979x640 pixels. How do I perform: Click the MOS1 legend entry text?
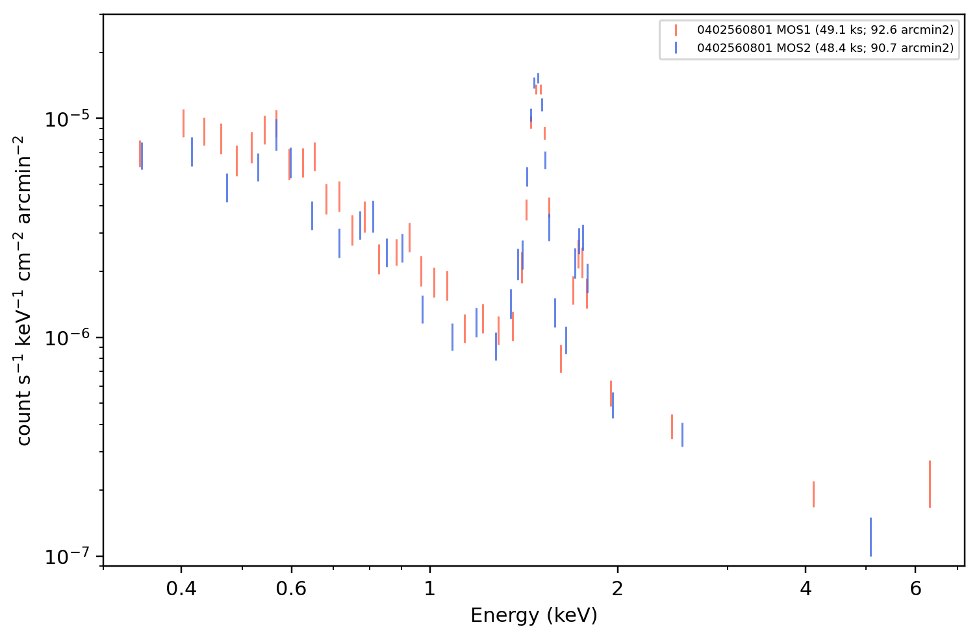point(825,30)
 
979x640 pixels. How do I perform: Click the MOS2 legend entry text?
point(825,47)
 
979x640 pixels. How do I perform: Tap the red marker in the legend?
point(676,30)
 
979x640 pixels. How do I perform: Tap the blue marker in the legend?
point(676,47)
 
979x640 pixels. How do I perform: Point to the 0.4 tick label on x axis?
point(181,589)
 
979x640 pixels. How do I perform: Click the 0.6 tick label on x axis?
point(291,589)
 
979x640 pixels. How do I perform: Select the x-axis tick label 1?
point(430,589)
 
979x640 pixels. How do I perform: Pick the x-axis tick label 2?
point(617,589)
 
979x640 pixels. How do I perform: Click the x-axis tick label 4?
point(806,589)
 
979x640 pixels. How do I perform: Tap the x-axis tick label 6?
point(915,589)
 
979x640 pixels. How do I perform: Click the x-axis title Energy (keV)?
point(533,616)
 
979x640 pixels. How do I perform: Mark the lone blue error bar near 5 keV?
point(871,537)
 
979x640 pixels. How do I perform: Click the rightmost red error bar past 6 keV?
point(930,484)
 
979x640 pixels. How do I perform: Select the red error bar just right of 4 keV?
point(813,494)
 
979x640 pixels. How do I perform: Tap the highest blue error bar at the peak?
point(538,78)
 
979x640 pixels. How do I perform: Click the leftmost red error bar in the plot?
point(140,154)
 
